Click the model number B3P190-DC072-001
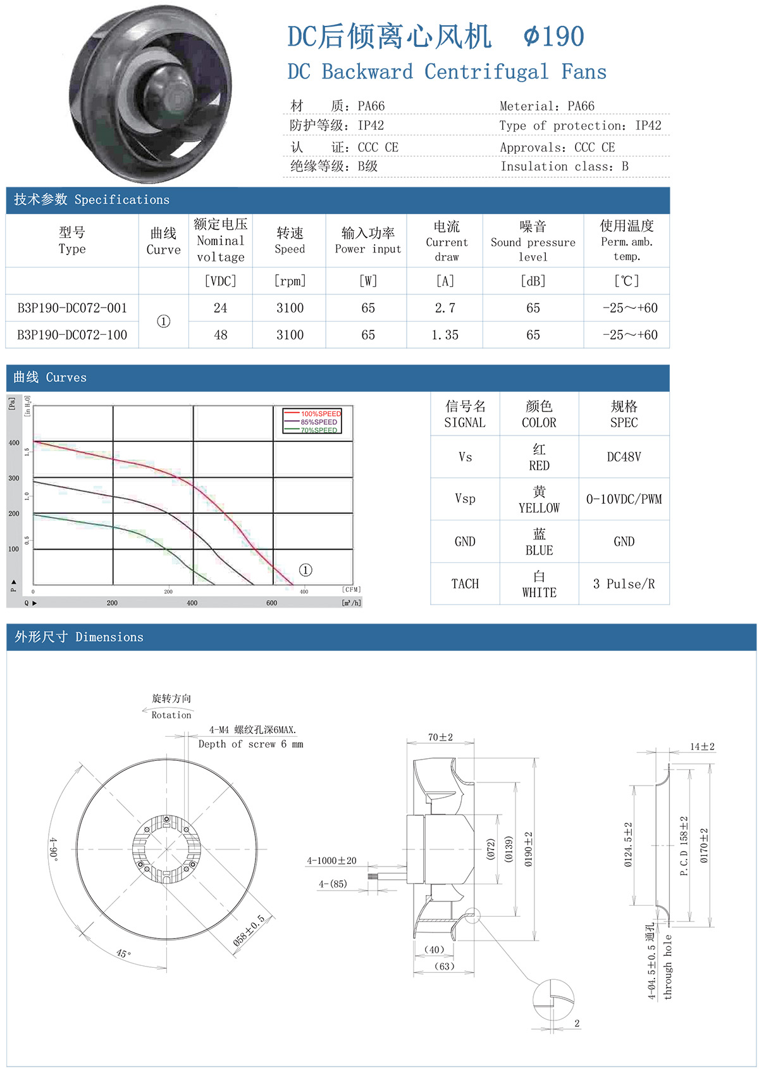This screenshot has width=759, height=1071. (x=72, y=308)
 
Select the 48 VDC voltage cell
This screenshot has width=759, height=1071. (x=220, y=335)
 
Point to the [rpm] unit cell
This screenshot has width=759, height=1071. (x=290, y=281)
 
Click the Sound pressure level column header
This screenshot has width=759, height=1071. (x=533, y=241)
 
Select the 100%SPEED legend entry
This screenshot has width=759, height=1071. (x=320, y=414)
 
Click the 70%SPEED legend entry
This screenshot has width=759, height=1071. (x=319, y=430)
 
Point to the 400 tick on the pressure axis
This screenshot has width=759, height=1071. (x=14, y=443)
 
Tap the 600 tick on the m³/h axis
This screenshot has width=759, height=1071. (x=271, y=603)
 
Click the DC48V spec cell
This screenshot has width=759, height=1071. (x=624, y=457)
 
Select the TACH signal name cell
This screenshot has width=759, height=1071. (x=465, y=584)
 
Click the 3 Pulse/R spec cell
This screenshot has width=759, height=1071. (x=624, y=584)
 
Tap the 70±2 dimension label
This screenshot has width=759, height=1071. (x=440, y=737)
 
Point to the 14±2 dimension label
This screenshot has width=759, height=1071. (x=702, y=747)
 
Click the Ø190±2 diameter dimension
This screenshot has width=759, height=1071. (x=529, y=849)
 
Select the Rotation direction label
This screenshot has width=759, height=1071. (x=171, y=715)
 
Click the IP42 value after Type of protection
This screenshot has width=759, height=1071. (x=648, y=125)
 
